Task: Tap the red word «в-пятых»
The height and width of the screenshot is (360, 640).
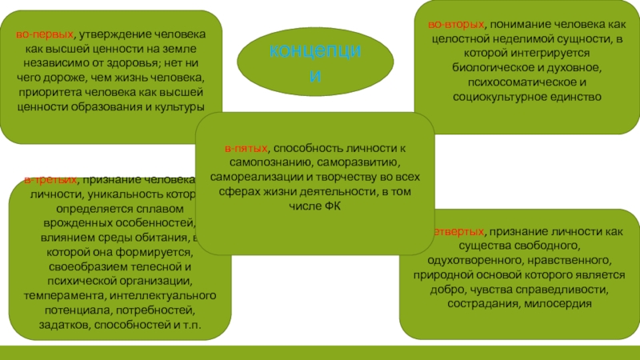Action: pos(246,148)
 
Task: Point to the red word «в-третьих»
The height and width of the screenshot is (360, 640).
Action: pos(50,180)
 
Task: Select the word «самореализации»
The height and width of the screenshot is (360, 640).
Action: pos(246,177)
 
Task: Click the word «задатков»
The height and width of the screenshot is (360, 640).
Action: pos(66,325)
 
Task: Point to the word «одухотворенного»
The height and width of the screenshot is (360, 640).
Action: pos(474,261)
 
